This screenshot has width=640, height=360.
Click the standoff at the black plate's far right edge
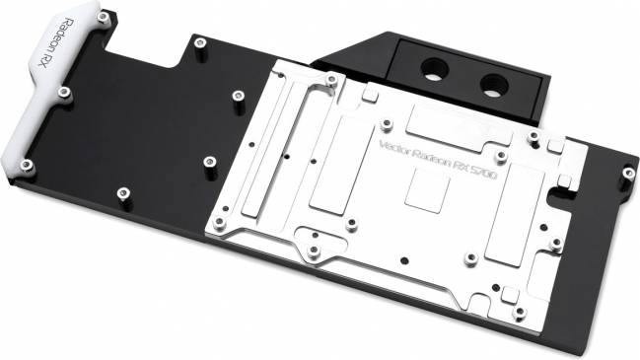click(628, 175)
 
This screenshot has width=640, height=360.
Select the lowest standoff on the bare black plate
click(122, 193)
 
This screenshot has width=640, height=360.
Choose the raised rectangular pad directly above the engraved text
click(439, 125)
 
